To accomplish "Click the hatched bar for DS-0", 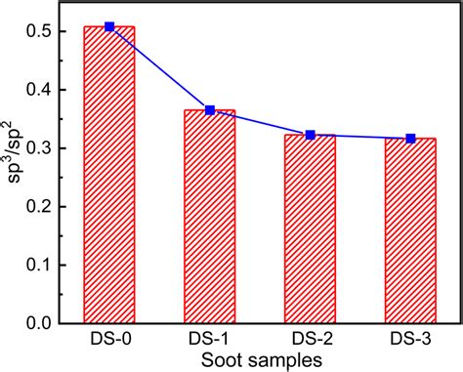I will pyautogui.click(x=108, y=176).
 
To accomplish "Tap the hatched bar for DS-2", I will pyautogui.click(x=310, y=229).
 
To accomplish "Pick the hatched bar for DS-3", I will pyautogui.click(x=410, y=230).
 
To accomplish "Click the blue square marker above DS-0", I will pyautogui.click(x=108, y=26).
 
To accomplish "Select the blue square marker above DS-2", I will pyautogui.click(x=310, y=135).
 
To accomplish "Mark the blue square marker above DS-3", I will pyautogui.click(x=410, y=139).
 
